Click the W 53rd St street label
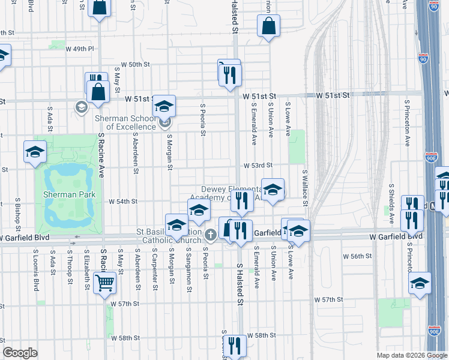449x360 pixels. click(258, 165)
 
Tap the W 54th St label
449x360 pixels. click(123, 202)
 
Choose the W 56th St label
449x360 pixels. click(357, 256)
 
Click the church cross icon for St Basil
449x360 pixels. click(209, 234)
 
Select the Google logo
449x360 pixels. click(20, 352)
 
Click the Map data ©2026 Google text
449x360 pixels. click(411, 355)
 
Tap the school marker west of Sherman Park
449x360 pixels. click(35, 151)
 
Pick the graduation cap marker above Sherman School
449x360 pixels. click(164, 106)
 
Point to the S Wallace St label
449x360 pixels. click(305, 187)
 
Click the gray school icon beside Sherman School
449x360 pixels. click(80, 107)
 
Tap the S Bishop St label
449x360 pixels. click(18, 212)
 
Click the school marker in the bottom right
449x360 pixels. click(420, 284)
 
